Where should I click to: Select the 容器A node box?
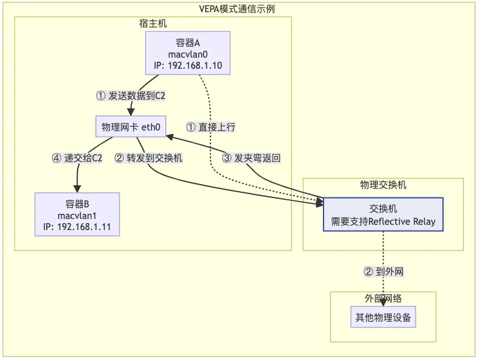[188, 52]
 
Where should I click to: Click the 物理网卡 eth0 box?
[131, 126]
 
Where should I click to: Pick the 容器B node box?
[77, 214]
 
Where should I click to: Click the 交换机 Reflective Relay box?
[383, 214]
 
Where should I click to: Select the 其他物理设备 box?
[383, 317]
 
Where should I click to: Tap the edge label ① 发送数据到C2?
[131, 96]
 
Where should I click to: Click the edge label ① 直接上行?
[211, 126]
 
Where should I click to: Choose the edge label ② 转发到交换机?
[149, 157]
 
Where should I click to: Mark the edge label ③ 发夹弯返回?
[252, 157]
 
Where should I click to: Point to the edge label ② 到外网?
[384, 271]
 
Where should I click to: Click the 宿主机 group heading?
[153, 23]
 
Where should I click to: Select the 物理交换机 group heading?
[383, 185]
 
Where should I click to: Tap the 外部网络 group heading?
[383, 298]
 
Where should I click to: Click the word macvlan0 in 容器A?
[188, 53]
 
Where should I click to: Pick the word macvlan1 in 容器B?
[77, 215]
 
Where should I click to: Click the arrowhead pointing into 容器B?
[77, 189]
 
